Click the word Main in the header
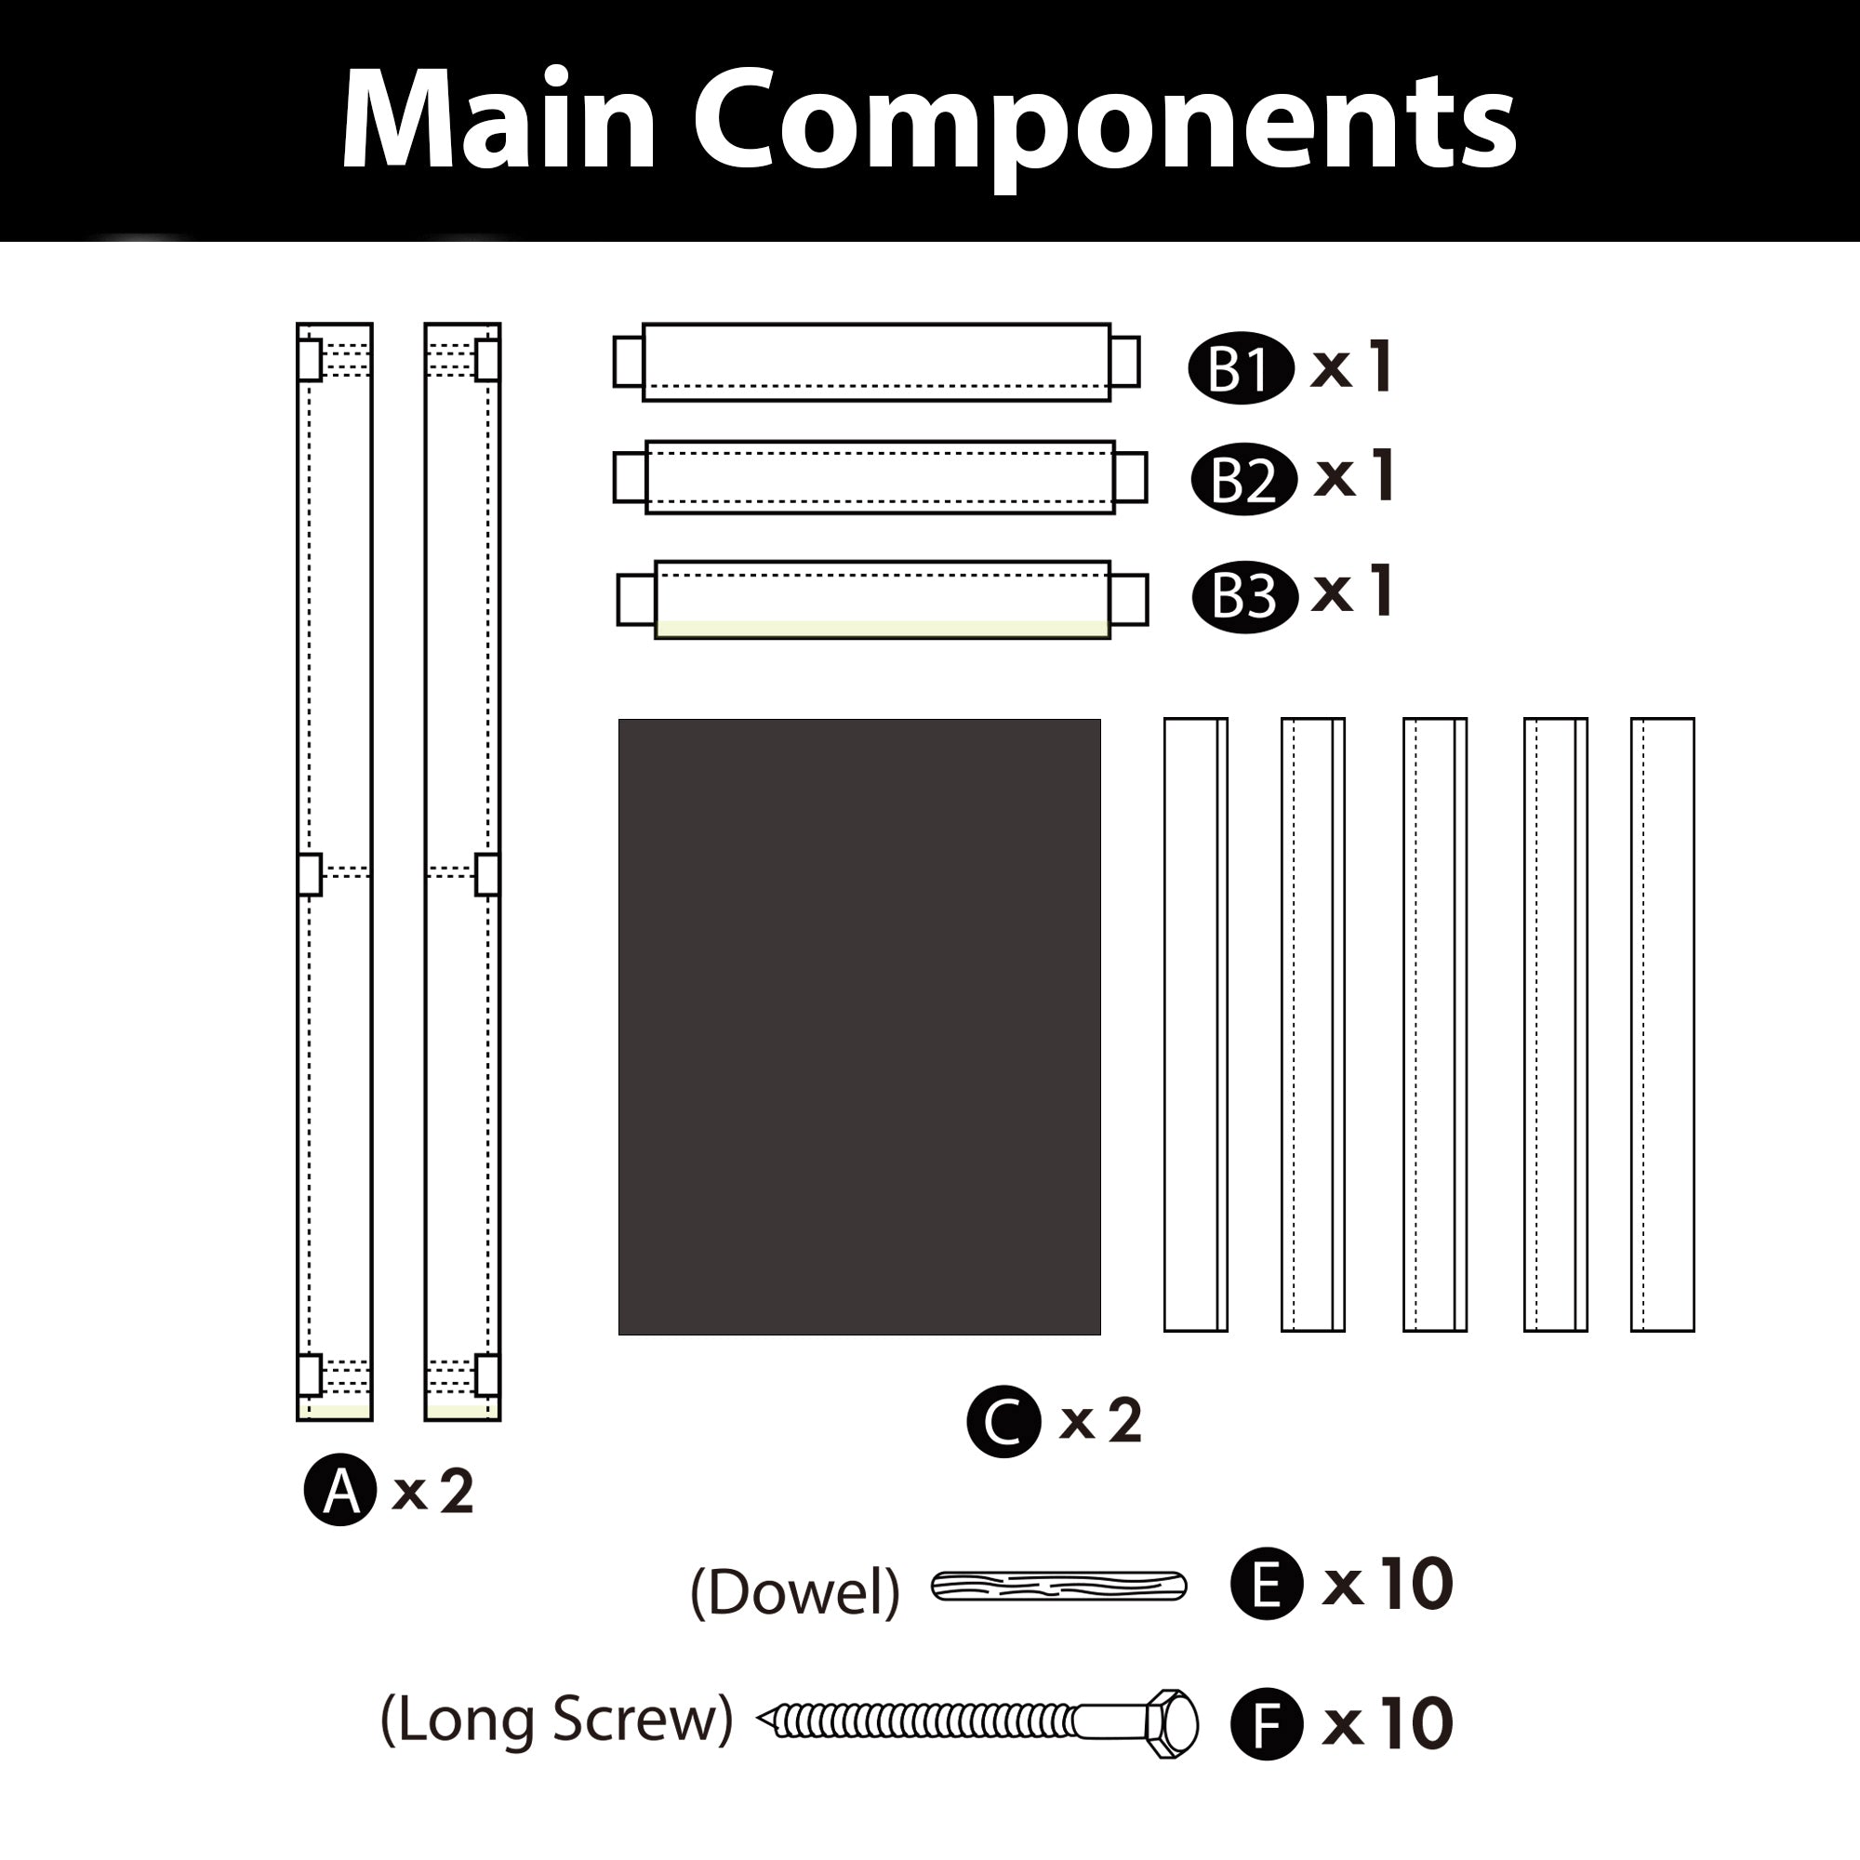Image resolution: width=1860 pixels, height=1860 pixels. [x=498, y=120]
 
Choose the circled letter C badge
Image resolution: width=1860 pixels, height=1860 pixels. [x=1003, y=1421]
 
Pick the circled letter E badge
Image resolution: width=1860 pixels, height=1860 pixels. [x=1267, y=1584]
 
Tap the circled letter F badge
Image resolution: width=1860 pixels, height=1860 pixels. [x=1267, y=1723]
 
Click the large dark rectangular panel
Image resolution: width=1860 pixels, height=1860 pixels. [x=858, y=1027]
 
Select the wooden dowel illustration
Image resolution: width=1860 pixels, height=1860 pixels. [x=1058, y=1586]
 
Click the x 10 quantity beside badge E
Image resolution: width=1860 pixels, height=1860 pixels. [x=1388, y=1584]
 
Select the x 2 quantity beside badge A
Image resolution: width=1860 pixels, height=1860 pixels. [x=433, y=1492]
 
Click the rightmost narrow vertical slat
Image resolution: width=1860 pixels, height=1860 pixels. [x=1662, y=1024]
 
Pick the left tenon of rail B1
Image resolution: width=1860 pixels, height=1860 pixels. [x=628, y=361]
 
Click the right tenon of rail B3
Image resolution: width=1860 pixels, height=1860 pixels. [x=1128, y=599]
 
